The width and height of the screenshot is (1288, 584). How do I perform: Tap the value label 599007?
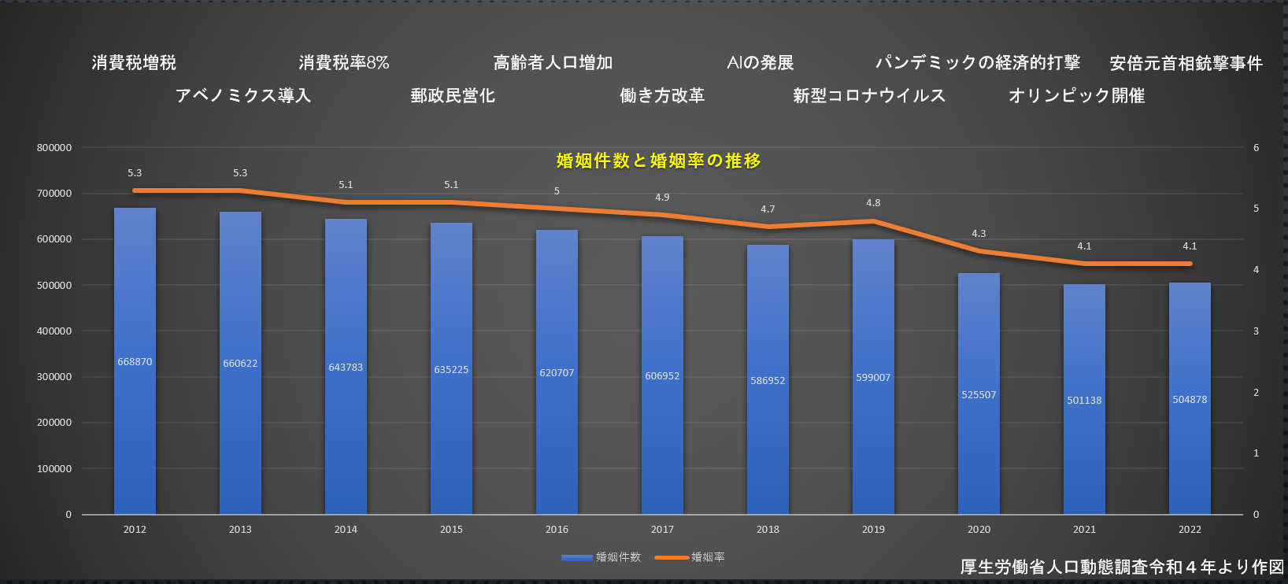click(x=873, y=378)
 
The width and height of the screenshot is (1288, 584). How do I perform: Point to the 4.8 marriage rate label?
click(x=873, y=203)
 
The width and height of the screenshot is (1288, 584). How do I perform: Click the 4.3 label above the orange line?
click(x=979, y=234)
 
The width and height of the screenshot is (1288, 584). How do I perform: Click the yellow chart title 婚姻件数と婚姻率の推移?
click(x=658, y=161)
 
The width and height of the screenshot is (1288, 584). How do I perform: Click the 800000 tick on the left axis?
click(x=54, y=148)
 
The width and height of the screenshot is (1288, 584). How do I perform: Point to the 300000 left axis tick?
click(x=54, y=377)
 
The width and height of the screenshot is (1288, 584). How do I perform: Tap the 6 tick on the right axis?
click(x=1256, y=148)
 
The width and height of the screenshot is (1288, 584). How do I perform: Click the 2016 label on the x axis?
click(x=557, y=530)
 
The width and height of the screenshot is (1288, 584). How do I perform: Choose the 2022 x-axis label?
click(x=1190, y=530)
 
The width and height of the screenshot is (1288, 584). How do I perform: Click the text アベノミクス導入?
click(x=243, y=96)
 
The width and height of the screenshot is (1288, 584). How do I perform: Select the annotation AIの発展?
click(x=761, y=63)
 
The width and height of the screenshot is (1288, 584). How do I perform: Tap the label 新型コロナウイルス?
click(x=869, y=96)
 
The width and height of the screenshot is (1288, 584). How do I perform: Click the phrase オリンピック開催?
click(x=1076, y=96)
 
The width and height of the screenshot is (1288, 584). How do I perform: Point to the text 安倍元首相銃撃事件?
click(x=1186, y=63)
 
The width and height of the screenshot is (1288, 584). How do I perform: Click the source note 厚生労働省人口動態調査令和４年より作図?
click(x=1122, y=567)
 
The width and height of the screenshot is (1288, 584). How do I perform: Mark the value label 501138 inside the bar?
click(x=1084, y=401)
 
